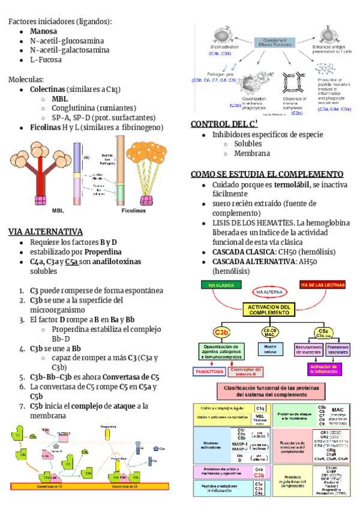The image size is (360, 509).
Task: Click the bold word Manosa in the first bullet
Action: click(44, 31)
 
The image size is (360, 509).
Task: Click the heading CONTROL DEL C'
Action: click(224, 124)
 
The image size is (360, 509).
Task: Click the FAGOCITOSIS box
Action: click(208, 372)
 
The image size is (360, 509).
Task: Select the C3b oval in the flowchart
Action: click(221, 332)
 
